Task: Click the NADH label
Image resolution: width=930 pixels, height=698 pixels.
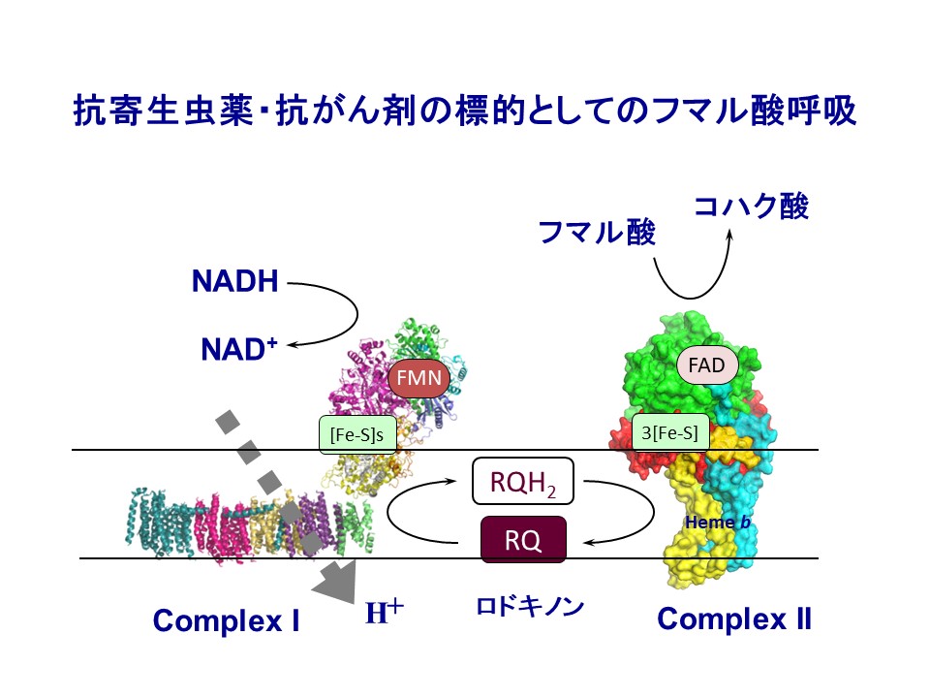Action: point(235,283)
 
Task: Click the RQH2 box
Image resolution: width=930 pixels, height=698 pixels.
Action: point(522,482)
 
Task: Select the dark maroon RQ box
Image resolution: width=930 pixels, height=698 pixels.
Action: point(523,540)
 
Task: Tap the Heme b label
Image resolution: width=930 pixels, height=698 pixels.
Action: point(718,523)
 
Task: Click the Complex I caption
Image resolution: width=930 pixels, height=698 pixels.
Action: point(226,620)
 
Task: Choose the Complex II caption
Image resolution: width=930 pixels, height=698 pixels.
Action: point(733,619)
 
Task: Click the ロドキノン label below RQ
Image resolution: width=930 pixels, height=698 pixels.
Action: point(530,607)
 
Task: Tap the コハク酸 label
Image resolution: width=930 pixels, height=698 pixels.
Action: point(750,206)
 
